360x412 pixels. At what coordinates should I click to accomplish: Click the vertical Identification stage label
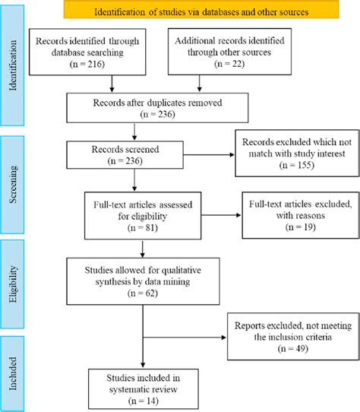(x=12, y=75)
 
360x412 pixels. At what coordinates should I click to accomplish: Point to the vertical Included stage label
(x=12, y=372)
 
